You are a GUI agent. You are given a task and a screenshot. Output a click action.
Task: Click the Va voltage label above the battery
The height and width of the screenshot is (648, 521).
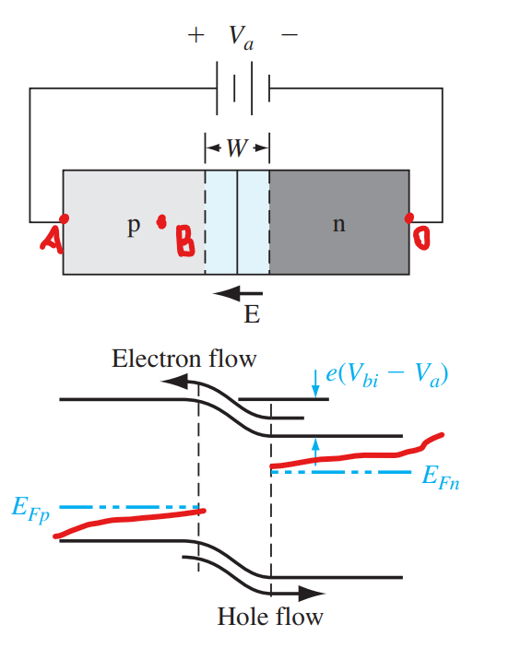click(x=242, y=37)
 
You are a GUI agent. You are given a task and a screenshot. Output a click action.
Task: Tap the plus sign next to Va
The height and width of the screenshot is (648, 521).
click(x=196, y=35)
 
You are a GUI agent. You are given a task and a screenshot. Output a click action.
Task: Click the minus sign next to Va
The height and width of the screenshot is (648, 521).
click(x=290, y=35)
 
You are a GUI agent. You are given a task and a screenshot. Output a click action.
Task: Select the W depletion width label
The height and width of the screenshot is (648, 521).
click(x=237, y=148)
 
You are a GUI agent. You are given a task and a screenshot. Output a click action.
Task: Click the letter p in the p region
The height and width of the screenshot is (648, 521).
click(x=134, y=226)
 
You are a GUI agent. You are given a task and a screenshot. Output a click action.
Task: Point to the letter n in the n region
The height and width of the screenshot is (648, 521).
click(x=339, y=225)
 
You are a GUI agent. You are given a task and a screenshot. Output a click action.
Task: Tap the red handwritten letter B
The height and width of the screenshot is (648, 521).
click(x=184, y=241)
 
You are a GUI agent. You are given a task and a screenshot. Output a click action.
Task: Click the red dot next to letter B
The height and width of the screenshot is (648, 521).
click(x=161, y=222)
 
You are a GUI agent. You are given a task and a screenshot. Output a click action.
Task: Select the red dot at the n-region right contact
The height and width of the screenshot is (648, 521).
click(x=409, y=218)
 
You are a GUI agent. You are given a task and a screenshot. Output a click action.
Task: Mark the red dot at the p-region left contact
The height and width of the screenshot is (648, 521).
click(x=65, y=218)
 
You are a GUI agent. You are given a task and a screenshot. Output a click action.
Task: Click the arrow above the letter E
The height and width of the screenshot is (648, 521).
click(x=238, y=293)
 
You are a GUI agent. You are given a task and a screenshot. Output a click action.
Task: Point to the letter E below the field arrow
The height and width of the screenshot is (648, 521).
click(x=252, y=314)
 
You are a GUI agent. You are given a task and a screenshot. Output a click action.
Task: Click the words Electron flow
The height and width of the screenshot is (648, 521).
click(x=184, y=359)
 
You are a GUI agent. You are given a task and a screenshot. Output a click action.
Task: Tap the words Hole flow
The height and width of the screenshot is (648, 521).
click(x=270, y=617)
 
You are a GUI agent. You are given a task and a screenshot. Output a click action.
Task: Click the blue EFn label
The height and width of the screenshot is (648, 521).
click(x=441, y=477)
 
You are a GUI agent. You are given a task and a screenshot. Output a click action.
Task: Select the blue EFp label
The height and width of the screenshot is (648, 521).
click(x=30, y=509)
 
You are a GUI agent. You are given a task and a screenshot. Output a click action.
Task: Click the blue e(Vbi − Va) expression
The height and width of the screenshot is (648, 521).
click(x=387, y=375)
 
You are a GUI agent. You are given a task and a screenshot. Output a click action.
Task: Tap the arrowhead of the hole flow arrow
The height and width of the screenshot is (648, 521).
click(x=312, y=594)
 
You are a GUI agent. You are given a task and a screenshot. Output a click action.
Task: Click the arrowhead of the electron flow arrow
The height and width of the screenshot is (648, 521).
click(x=174, y=381)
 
